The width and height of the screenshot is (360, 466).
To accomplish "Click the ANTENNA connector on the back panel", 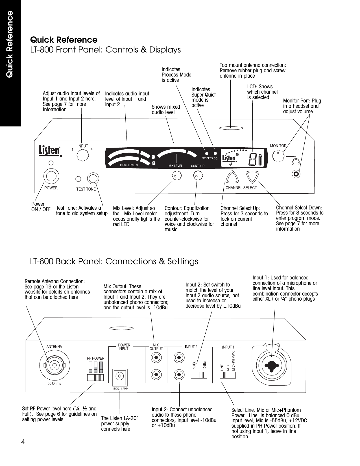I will click(54, 365).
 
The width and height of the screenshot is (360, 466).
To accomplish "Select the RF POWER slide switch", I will click(95, 377).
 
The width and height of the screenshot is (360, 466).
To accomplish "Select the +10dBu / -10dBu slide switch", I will click(199, 375).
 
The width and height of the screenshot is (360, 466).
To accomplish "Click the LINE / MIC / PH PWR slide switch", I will click(228, 375).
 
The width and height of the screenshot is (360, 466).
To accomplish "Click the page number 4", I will click(23, 442).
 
